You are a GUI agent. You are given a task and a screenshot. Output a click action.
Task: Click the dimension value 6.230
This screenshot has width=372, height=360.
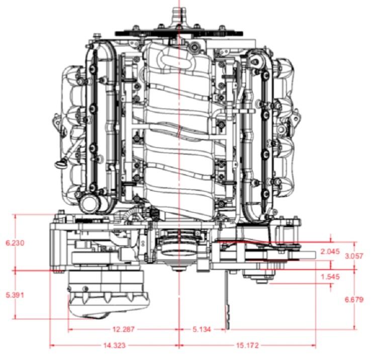tap(15, 243)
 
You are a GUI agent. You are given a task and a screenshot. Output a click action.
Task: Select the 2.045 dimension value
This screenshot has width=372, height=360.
tap(330, 252)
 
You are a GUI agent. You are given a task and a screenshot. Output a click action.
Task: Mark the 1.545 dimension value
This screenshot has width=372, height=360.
tap(330, 276)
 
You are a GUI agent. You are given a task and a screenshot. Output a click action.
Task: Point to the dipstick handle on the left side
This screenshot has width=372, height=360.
tap(61, 164)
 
